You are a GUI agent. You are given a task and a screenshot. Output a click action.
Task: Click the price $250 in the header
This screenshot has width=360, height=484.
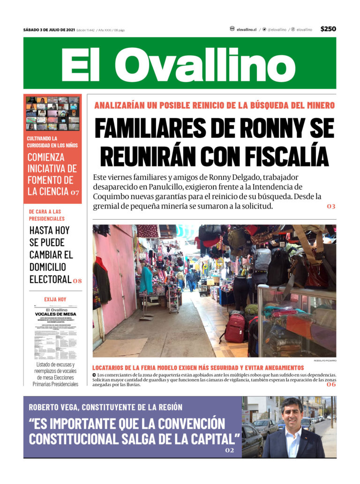[328, 29]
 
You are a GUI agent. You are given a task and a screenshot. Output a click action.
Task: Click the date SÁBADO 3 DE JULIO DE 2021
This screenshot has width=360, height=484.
[49, 30]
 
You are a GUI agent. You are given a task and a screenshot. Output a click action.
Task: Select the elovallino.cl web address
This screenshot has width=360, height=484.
[246, 30]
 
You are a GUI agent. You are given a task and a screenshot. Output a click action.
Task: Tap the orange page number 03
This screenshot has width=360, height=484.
[331, 207]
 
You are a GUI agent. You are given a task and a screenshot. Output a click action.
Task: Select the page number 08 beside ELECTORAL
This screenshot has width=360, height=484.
[77, 281]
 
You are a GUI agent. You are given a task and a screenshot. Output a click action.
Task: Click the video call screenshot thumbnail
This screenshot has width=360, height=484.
[52, 113]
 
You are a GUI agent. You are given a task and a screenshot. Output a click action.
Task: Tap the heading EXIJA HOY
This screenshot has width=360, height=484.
[55, 299]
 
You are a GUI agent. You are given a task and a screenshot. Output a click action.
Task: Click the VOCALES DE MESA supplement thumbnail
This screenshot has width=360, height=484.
[55, 332]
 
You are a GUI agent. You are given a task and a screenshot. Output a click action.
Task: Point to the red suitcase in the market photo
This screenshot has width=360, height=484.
[234, 328]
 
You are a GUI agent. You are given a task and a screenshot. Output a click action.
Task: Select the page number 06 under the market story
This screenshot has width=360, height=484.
[331, 385]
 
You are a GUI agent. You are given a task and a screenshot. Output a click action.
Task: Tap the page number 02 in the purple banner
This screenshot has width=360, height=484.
[229, 450]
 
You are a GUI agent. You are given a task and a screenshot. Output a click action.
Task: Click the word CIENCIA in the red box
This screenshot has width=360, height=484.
[48, 192]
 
